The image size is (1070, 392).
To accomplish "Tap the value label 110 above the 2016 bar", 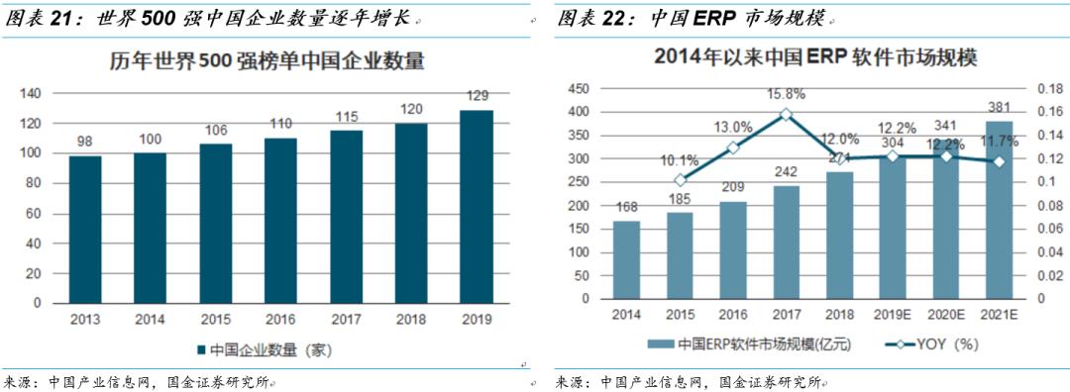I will pos(280,124).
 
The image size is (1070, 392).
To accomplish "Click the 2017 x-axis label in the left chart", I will pos(345,319).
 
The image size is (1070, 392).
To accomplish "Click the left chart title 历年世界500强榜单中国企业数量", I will pos(267,61).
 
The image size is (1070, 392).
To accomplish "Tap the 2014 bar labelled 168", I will pos(626,259).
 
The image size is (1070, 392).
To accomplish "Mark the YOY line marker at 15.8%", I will pos(786,114).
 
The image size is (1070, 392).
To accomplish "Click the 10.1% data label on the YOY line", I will pos(680,159).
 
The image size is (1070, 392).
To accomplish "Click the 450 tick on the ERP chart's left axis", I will pos(578,88).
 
